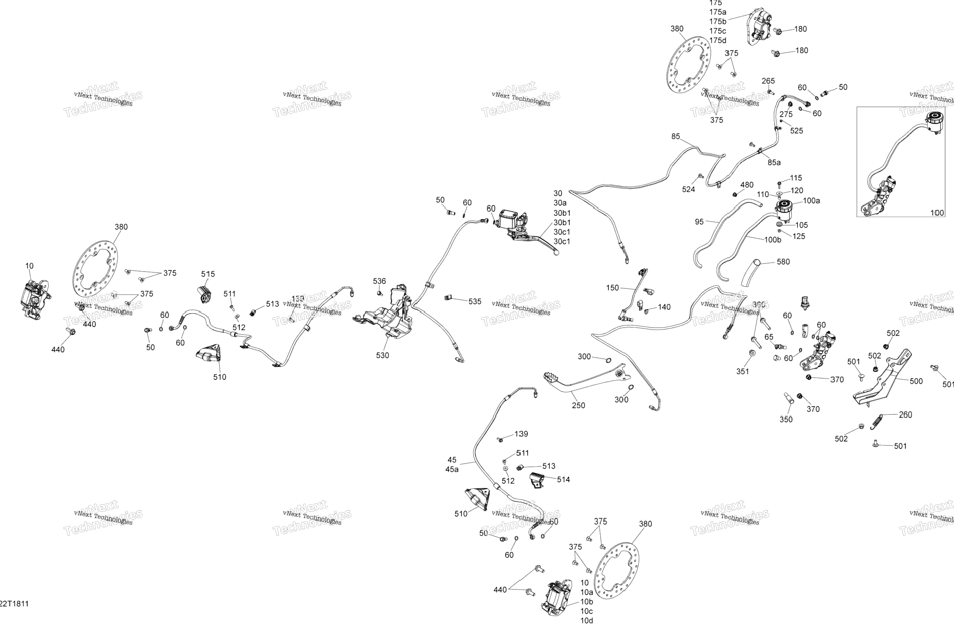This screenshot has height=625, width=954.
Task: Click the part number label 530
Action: coord(382,355)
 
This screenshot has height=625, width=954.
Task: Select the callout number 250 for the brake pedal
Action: coord(578,405)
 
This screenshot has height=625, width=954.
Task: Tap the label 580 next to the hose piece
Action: coord(783,261)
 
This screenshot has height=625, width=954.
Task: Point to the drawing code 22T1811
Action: coord(15,604)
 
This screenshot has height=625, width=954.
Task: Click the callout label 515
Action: coord(208,274)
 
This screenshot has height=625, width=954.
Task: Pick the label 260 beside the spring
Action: coord(905,414)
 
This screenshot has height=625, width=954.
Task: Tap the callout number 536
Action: coord(379,281)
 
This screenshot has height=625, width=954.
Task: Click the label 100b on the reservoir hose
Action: coord(772,240)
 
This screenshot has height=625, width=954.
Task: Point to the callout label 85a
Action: coord(774,162)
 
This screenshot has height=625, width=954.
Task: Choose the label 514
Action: coord(563,479)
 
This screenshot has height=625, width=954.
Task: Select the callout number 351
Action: coord(742,371)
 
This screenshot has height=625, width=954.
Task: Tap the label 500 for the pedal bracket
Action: coord(916,381)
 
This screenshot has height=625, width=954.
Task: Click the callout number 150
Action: coord(612,288)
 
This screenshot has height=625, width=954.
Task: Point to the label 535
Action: coord(474,301)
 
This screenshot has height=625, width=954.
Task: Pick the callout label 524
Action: coord(688,189)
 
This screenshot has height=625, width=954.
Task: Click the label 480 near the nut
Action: coord(747,184)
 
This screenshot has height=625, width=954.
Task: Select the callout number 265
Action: coord(768,81)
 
